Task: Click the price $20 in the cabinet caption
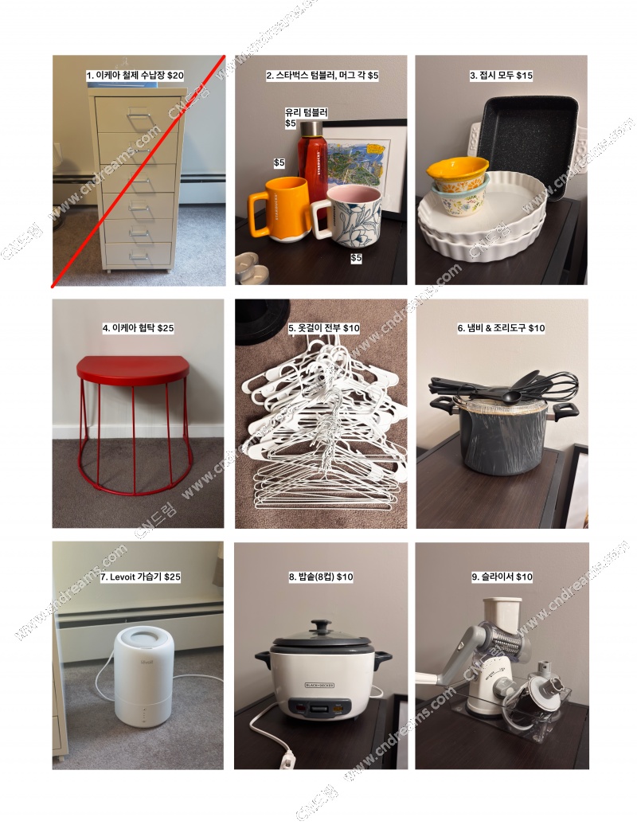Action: click(175, 75)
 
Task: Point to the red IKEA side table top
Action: click(132, 367)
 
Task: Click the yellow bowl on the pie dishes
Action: click(457, 170)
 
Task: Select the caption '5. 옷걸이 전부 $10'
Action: click(324, 328)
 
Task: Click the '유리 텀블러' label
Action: click(306, 112)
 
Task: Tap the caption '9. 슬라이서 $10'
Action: click(502, 577)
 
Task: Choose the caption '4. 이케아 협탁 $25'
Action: click(138, 328)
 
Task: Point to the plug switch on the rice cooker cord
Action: click(287, 760)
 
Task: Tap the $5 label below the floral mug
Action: click(356, 258)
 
